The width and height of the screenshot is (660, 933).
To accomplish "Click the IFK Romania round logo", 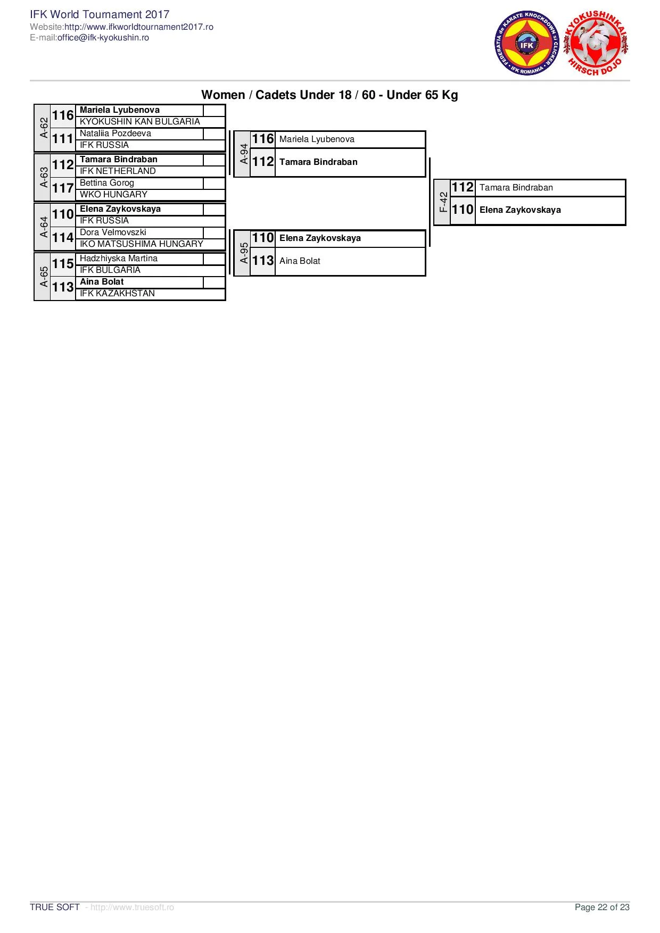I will coord(526,44).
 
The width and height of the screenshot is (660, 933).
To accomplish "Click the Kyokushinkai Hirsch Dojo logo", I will coord(596,44).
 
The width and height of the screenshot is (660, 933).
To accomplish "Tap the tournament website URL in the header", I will coord(139,27).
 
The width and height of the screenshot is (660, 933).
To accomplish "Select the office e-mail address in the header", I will coord(103,38).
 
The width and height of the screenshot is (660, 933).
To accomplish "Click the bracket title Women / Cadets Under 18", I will coord(329,95).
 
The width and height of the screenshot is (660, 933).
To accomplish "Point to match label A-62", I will coord(44,128).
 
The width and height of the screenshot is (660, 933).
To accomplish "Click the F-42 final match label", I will coord(443,202).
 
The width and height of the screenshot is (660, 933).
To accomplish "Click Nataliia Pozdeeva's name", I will coord(115,134).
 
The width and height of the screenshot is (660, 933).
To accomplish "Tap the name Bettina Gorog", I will coord(107,183).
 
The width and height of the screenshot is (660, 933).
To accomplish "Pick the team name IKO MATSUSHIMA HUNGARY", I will coord(142,244).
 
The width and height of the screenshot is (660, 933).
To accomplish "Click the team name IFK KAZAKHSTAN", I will coord(117,293).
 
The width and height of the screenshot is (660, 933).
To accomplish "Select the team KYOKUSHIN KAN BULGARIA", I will coord(140,121).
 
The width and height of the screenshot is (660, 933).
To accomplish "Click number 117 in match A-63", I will coord(63,188).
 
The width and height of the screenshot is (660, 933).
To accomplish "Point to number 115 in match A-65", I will coord(63,264).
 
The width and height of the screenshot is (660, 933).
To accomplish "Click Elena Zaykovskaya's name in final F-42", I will coord(520,210).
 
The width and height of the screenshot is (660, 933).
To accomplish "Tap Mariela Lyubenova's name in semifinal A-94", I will coord(317,139).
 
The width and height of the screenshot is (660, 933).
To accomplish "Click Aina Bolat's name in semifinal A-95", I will coord(300,261).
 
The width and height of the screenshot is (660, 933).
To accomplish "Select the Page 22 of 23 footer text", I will coord(602,907).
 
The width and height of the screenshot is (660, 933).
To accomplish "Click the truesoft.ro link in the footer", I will coord(132,907).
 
